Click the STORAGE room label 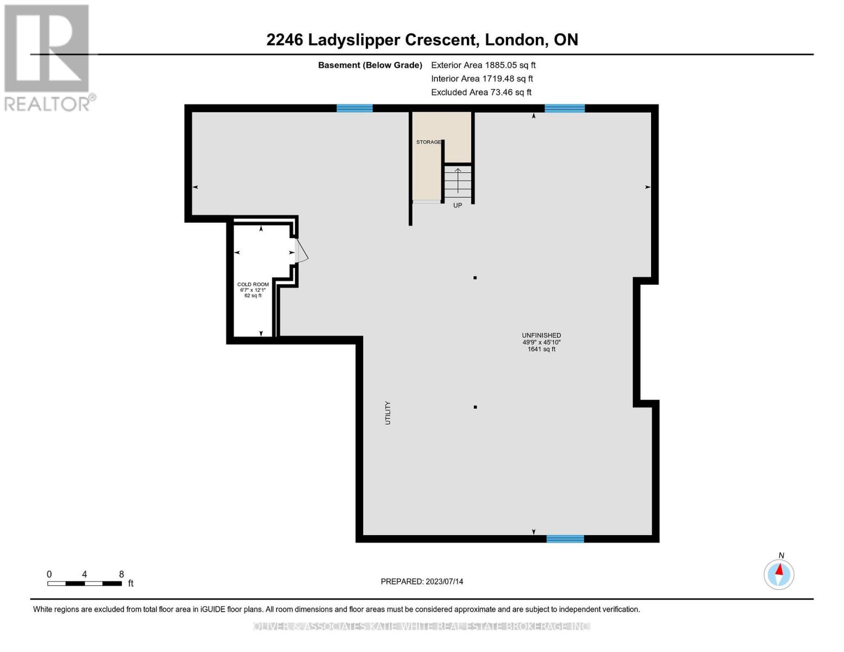tap(428, 142)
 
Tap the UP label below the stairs tap(458, 205)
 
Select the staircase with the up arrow tap(458, 182)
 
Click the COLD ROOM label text tap(253, 284)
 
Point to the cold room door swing tap(302, 253)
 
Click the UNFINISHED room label tap(541, 335)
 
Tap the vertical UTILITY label tap(387, 413)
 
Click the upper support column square tap(475, 278)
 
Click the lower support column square tap(475, 407)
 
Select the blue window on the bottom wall tap(565, 539)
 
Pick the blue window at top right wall tap(565, 109)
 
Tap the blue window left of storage tap(354, 109)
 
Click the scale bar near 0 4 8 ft tap(84, 584)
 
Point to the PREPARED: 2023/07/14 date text tap(422, 581)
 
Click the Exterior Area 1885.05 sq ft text tap(483, 65)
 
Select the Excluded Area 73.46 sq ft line tap(481, 92)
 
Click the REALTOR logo tap(48, 57)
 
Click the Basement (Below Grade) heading tap(370, 65)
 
